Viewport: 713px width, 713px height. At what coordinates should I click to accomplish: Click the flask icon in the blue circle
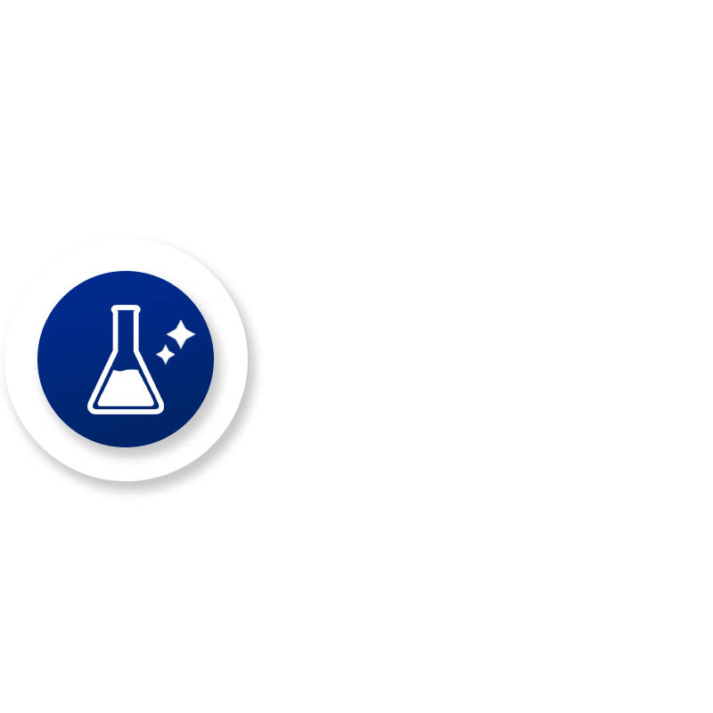coord(126,360)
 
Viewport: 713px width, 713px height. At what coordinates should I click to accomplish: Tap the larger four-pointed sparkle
coord(181,334)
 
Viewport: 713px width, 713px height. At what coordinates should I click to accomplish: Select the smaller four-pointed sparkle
coord(165,355)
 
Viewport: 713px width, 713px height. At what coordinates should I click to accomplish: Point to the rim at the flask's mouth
coord(126,309)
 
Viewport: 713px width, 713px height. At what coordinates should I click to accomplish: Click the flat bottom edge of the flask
coord(126,410)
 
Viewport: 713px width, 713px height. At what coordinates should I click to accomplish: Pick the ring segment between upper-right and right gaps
coord(249,317)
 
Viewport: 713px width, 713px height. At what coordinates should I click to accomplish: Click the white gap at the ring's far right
coord(255,365)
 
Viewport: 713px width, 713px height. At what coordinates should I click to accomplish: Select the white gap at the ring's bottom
coord(126,489)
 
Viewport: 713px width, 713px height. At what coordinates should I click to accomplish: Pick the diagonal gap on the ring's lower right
coord(224,447)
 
